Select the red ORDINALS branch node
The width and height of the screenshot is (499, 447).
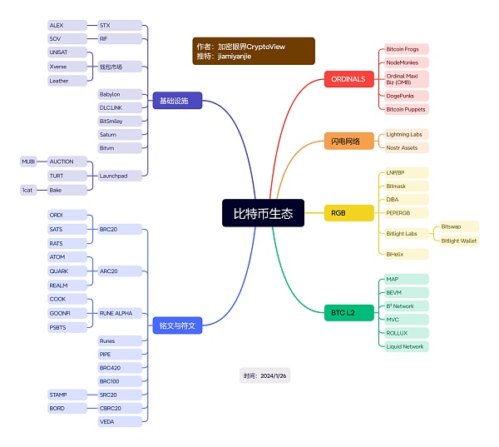pos(348,79)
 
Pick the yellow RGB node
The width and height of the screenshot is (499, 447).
pos(349,213)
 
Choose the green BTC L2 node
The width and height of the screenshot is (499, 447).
pos(349,313)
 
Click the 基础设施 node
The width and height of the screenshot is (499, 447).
pos(177,101)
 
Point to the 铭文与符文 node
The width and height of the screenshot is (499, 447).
pos(177,325)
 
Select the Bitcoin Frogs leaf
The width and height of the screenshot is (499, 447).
pos(406,50)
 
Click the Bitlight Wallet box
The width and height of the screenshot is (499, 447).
pos(458,241)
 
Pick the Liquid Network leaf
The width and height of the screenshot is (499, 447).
pos(406,346)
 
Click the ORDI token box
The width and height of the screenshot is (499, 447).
pos(67,216)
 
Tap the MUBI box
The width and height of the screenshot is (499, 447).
pos(28,161)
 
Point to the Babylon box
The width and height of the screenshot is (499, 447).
pos(119,94)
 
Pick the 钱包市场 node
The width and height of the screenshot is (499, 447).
pos(119,66)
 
